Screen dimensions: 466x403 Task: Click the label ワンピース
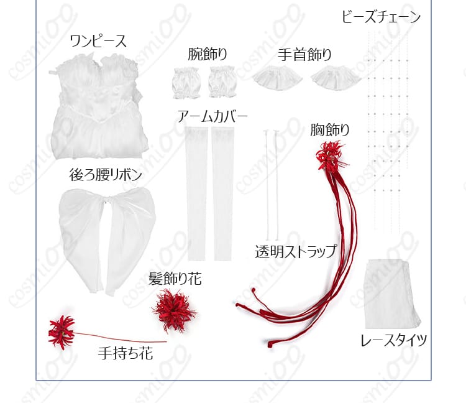(98, 41)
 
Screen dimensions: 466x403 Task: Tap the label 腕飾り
(208, 54)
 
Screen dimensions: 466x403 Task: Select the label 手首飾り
(304, 55)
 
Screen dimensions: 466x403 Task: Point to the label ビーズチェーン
(381, 16)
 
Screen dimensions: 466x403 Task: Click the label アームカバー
(212, 116)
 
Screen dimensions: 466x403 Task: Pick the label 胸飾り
(329, 130)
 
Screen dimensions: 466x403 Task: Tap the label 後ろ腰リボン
(106, 175)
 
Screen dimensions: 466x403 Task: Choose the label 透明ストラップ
(296, 251)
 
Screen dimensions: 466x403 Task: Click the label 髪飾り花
(175, 279)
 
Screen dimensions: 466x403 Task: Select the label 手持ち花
(126, 353)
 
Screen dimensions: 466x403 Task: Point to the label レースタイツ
(393, 340)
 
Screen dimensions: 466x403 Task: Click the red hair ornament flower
(174, 308)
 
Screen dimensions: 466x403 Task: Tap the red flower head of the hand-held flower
(61, 331)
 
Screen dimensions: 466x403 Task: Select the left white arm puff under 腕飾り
(186, 83)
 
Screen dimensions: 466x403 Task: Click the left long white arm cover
(196, 193)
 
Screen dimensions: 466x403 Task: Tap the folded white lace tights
(391, 294)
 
